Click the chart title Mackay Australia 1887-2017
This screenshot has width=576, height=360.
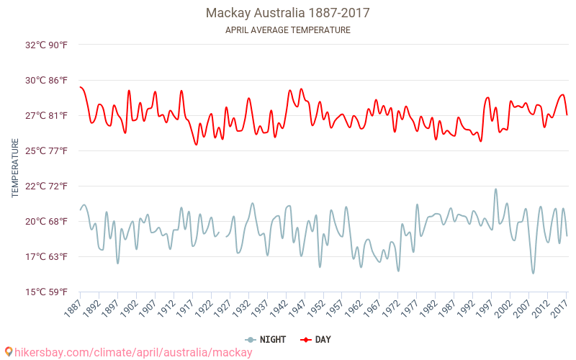(287, 13)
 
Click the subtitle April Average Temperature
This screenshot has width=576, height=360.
(287, 30)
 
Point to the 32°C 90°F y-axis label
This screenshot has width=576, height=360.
(47, 45)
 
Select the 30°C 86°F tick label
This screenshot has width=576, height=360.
(47, 80)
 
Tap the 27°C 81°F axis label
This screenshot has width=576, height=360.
(47, 115)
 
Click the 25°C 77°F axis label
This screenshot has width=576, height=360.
(47, 150)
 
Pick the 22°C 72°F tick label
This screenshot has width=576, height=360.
(47, 186)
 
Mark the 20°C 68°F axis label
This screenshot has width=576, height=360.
(47, 221)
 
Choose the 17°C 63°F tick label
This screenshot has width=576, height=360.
(47, 256)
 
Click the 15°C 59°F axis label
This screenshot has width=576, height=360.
(47, 292)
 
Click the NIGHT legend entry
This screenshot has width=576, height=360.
(266, 339)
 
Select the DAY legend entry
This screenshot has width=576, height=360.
(316, 339)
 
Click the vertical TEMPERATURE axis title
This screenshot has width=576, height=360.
(15, 168)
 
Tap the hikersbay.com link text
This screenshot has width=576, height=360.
(133, 352)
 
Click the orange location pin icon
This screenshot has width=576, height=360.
(9, 352)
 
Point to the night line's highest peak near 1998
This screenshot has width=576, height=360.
(495, 189)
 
